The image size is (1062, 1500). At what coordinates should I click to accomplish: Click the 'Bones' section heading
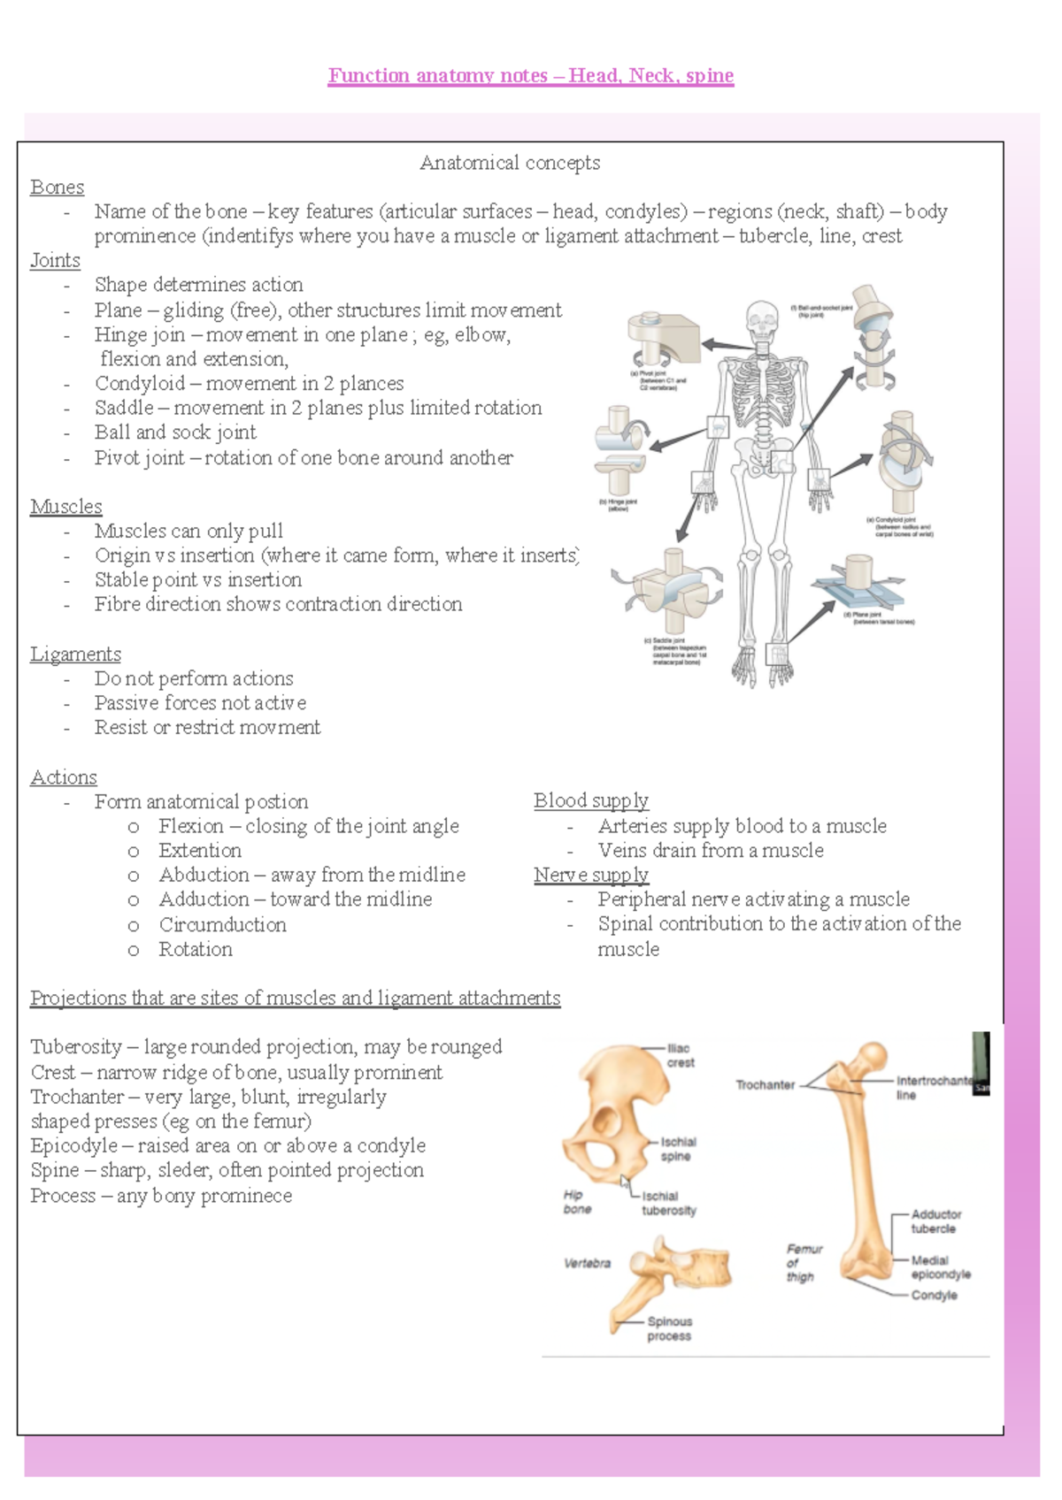(x=57, y=187)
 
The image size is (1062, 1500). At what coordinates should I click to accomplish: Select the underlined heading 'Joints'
(x=55, y=261)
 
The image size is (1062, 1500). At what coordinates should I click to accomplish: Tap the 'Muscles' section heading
(x=66, y=507)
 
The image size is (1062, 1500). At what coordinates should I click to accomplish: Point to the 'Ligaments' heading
(x=75, y=654)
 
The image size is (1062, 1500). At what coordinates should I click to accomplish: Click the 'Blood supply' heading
(x=590, y=801)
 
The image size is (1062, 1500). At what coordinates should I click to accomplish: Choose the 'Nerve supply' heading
(x=590, y=876)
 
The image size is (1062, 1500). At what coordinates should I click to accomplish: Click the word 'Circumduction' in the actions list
(x=222, y=925)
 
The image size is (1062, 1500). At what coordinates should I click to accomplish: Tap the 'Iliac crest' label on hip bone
(x=680, y=1055)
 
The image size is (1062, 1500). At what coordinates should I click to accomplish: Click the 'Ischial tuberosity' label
(x=668, y=1204)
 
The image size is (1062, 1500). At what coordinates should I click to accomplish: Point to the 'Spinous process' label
(x=669, y=1328)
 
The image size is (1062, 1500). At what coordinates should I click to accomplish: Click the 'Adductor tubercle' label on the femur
(x=935, y=1221)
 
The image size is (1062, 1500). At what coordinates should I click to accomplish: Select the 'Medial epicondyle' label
(x=939, y=1267)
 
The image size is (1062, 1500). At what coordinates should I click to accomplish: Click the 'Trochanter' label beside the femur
(x=765, y=1085)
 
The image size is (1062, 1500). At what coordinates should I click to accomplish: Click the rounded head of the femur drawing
(x=873, y=1056)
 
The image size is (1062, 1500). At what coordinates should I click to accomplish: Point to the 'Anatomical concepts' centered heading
(x=510, y=163)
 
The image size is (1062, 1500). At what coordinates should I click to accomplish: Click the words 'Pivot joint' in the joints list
(x=140, y=458)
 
